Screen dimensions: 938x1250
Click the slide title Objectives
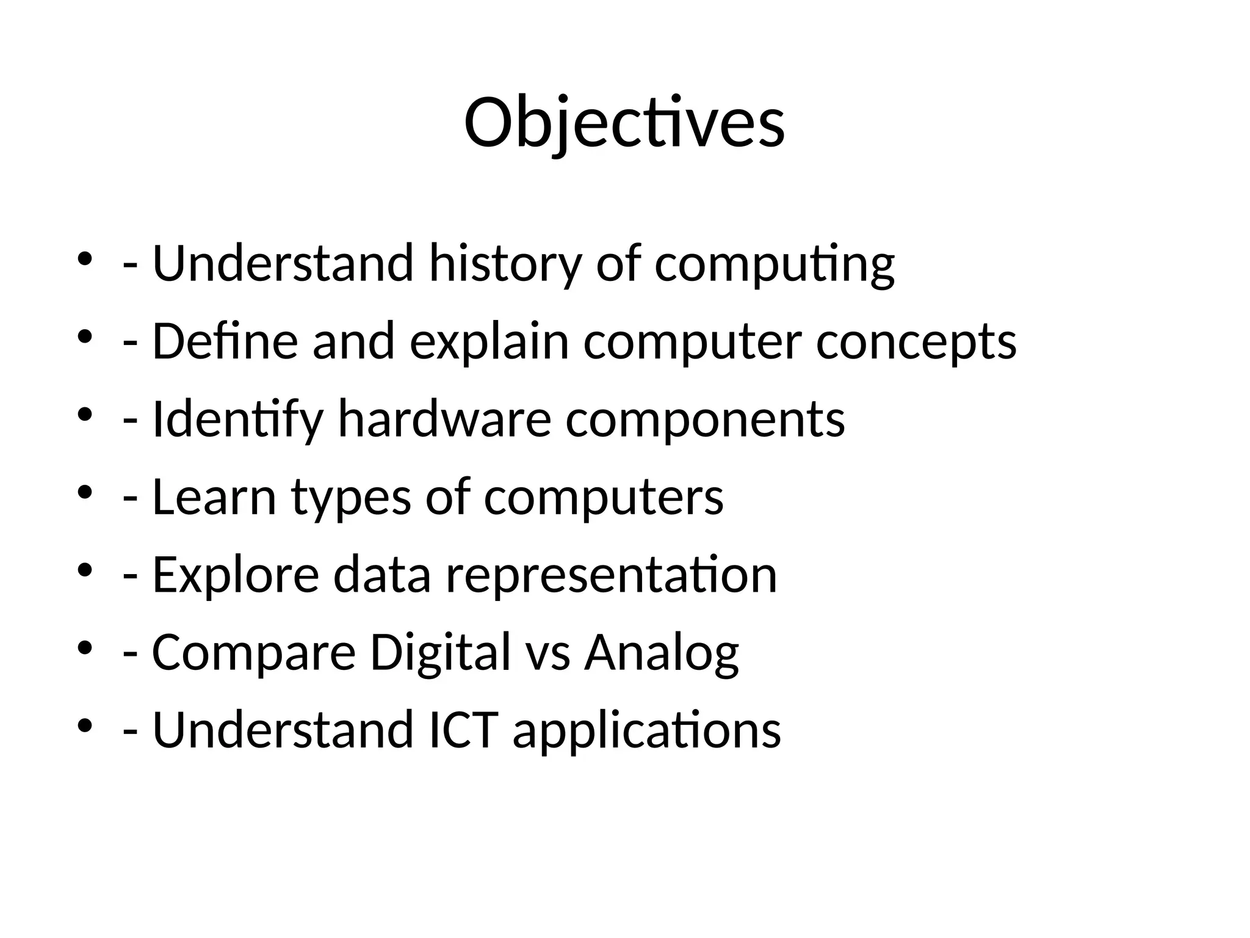(624, 123)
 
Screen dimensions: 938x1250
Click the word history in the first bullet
(505, 264)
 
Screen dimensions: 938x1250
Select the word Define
(225, 341)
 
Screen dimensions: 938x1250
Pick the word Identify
(237, 420)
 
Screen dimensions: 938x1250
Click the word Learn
(214, 497)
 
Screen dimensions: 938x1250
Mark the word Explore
(236, 575)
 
